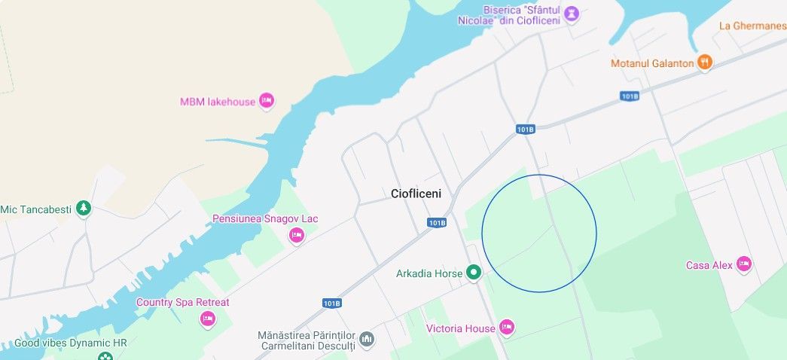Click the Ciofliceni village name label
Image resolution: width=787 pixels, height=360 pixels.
416,194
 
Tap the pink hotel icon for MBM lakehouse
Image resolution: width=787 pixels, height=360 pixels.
266,100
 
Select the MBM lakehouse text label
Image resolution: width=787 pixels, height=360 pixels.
218,102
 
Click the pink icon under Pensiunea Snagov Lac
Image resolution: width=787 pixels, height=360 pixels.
297,236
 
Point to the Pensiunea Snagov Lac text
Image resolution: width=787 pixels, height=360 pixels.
265,218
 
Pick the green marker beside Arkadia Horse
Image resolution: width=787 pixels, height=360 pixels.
473,272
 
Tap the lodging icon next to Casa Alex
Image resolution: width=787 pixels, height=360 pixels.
744,264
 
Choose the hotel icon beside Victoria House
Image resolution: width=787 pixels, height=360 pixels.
507,327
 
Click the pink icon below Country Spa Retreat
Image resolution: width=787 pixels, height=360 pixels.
208,319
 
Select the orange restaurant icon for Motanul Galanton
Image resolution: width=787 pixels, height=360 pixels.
705,62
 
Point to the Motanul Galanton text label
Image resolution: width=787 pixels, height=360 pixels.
652,63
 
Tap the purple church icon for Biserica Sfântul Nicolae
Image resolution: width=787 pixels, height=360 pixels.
572,14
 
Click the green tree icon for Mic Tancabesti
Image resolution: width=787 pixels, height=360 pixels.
84,208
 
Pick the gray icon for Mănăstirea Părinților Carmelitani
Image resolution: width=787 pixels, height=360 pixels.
367,340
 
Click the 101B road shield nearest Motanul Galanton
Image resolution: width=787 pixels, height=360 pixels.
630,96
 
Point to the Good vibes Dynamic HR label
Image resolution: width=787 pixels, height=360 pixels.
71,343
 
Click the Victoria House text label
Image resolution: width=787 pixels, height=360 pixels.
461,328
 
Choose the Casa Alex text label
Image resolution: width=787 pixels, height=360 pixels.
709,265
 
